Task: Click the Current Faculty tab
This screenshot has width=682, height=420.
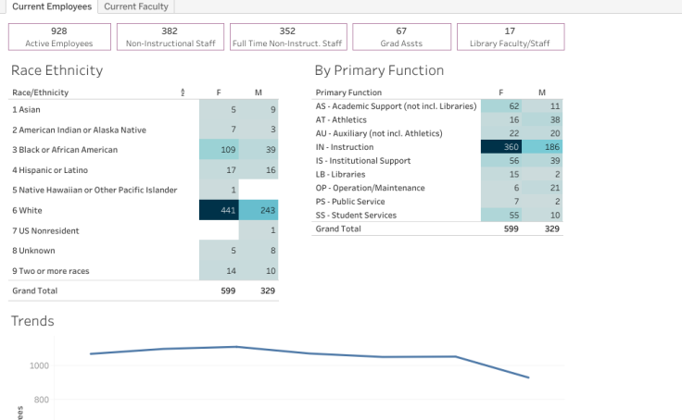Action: pyautogui.click(x=136, y=6)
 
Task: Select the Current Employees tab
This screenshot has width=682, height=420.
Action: pyautogui.click(x=52, y=6)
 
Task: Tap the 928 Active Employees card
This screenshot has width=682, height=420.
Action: pyautogui.click(x=58, y=37)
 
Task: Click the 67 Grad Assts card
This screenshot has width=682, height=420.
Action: pyautogui.click(x=401, y=37)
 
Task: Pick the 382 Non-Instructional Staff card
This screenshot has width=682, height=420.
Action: pyautogui.click(x=170, y=37)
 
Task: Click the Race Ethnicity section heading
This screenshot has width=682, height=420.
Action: pyautogui.click(x=57, y=70)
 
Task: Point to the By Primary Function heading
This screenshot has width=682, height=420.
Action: pyautogui.click(x=379, y=70)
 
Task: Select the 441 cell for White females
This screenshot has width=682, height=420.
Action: pyautogui.click(x=219, y=210)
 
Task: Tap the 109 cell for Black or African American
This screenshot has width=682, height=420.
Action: pyautogui.click(x=219, y=150)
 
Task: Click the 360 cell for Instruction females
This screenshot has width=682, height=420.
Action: pyautogui.click(x=501, y=146)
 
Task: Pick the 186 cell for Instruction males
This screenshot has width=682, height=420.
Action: pyautogui.click(x=542, y=146)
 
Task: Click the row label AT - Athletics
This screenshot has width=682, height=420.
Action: pyautogui.click(x=341, y=119)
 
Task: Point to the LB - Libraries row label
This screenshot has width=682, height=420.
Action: pyautogui.click(x=341, y=174)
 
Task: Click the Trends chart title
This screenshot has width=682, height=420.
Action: pyautogui.click(x=32, y=321)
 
